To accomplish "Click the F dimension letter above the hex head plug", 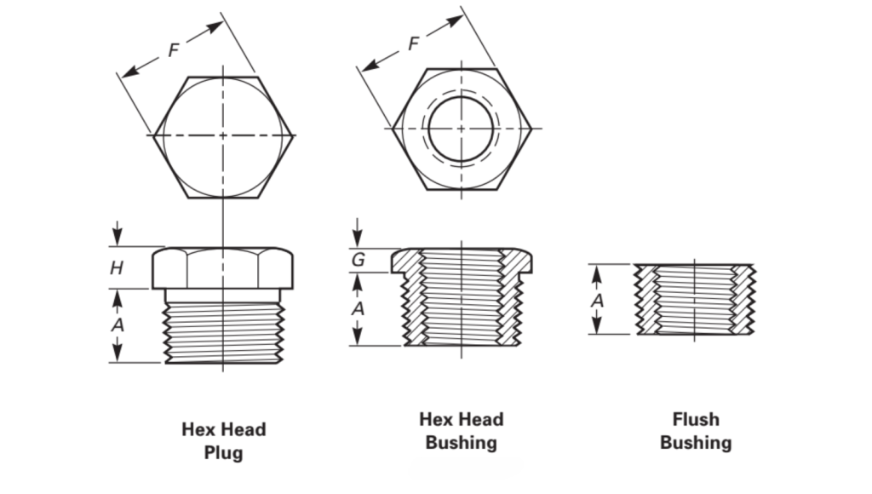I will click(x=174, y=50).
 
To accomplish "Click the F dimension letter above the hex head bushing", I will click(x=414, y=43).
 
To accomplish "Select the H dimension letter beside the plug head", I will click(x=117, y=267).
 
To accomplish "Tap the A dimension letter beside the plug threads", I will click(x=118, y=325).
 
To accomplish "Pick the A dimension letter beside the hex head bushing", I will click(x=359, y=308).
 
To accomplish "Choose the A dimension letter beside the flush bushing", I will click(x=598, y=300).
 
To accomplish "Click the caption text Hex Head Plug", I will click(x=223, y=440).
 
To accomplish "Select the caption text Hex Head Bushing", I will click(x=461, y=431).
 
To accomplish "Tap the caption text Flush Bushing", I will click(x=696, y=431).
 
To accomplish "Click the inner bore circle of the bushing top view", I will click(x=461, y=129).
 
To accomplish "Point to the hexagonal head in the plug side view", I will click(x=224, y=267).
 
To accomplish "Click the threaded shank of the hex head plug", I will click(x=223, y=325).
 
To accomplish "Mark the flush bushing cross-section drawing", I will click(x=694, y=299).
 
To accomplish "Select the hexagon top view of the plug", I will click(x=223, y=136).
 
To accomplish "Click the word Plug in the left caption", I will click(x=223, y=452).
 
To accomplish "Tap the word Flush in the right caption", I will click(x=696, y=419).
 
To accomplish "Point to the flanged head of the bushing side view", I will click(x=462, y=261).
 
